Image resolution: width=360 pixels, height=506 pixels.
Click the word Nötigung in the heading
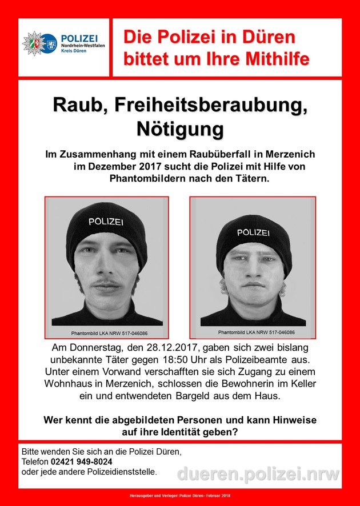pos(179,128)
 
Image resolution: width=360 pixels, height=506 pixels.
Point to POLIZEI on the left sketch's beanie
pos(106,221)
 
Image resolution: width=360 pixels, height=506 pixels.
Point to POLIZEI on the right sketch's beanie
pos(254,232)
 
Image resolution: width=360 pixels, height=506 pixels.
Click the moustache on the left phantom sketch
pos(107,283)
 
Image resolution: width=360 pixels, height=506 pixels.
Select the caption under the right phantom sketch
pos(253,332)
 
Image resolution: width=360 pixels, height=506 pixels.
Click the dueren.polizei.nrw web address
pos(258,473)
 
